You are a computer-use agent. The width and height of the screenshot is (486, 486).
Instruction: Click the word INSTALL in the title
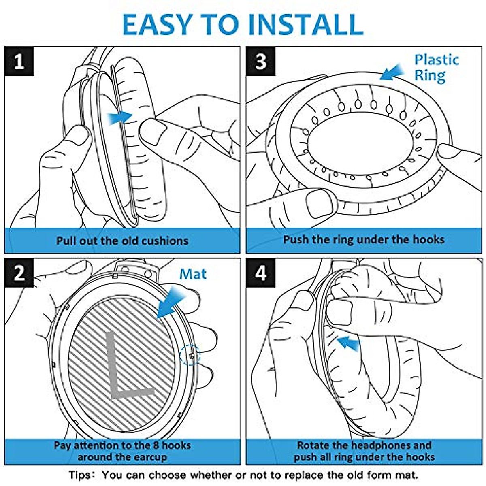tap(306, 24)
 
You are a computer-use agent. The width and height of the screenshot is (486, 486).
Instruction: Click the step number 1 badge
tap(19, 61)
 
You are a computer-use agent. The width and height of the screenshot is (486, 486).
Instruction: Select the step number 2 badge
tap(19, 273)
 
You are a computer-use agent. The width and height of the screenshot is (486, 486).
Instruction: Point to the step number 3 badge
tap(261, 61)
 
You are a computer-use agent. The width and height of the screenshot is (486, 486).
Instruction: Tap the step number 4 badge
tap(261, 273)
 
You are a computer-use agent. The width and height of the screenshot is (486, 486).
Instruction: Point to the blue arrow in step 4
tap(348, 343)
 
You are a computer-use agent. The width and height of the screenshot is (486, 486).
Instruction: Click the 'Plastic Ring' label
tap(437, 68)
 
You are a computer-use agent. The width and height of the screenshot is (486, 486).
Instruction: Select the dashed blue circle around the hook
tap(190, 355)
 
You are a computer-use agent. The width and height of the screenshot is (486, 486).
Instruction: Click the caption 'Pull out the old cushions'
tap(122, 241)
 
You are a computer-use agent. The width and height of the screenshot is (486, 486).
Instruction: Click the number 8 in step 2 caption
tap(156, 446)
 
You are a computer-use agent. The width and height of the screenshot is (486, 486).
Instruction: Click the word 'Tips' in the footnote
tap(79, 475)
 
